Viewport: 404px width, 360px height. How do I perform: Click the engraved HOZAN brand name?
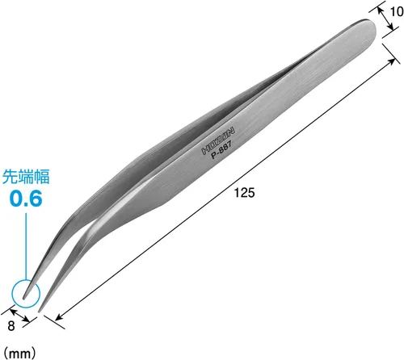tap(218, 140)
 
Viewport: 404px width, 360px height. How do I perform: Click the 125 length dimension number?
tap(244, 193)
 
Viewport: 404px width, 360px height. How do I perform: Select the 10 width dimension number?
tap(397, 12)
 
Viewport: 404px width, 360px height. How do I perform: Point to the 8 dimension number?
tap(11, 326)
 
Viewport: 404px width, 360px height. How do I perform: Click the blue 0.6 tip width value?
tap(26, 199)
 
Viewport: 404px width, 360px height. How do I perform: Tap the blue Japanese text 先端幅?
tap(26, 177)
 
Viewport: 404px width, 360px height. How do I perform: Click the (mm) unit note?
tap(20, 353)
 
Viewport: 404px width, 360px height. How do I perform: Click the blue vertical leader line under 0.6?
tap(26, 246)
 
